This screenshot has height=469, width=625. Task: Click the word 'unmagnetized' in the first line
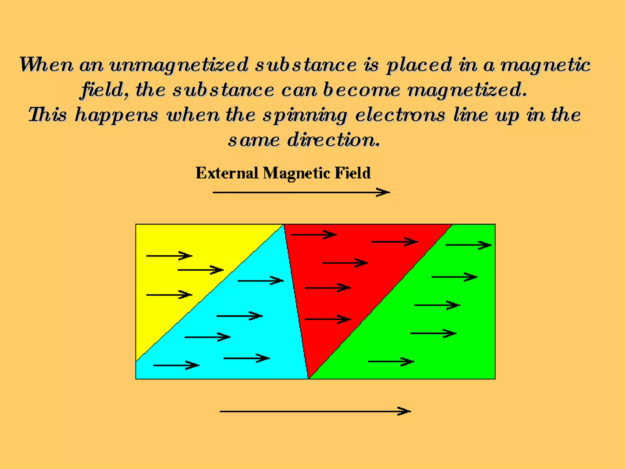179,65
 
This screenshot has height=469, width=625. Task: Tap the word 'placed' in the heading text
419,65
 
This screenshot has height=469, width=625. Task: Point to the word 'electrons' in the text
400,115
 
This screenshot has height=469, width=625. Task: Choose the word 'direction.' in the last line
334,140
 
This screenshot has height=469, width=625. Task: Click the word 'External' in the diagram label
227,173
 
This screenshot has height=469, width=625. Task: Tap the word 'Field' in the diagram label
352,173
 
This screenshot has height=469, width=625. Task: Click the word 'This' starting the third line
47,115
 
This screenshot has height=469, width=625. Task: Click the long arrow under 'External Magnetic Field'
301,192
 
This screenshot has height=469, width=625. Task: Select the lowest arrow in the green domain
391,362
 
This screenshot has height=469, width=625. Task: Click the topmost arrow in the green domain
468,245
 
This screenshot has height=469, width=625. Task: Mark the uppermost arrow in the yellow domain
169,256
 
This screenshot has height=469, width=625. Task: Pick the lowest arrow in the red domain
328,319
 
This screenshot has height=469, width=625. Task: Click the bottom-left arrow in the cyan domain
176,365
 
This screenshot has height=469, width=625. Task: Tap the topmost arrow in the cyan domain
260,281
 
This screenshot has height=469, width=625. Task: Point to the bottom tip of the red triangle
309,377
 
